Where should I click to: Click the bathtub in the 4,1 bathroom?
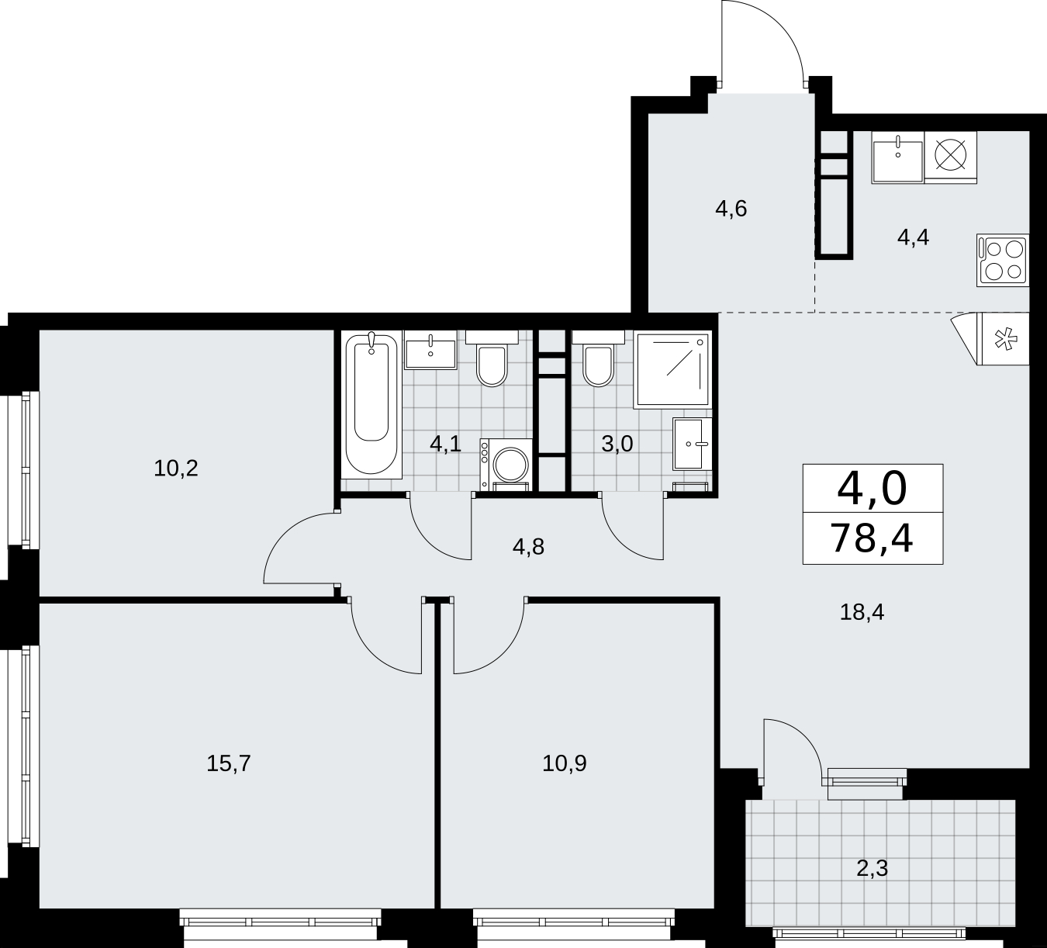[371, 404]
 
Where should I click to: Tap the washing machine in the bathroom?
[506, 465]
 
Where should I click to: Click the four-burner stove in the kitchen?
[1003, 260]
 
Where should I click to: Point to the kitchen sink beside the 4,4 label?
[898, 157]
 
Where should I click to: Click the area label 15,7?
[229, 763]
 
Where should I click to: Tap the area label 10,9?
[564, 763]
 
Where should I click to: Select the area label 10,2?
[176, 469]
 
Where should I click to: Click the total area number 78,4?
[872, 538]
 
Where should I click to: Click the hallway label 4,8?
[529, 547]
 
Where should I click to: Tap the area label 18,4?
[862, 611]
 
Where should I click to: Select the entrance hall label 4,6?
[731, 209]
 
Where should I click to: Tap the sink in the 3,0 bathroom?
[693, 444]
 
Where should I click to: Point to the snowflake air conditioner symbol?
[1004, 338]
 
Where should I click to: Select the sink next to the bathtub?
[430, 350]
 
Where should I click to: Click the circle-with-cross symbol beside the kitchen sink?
[950, 156]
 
